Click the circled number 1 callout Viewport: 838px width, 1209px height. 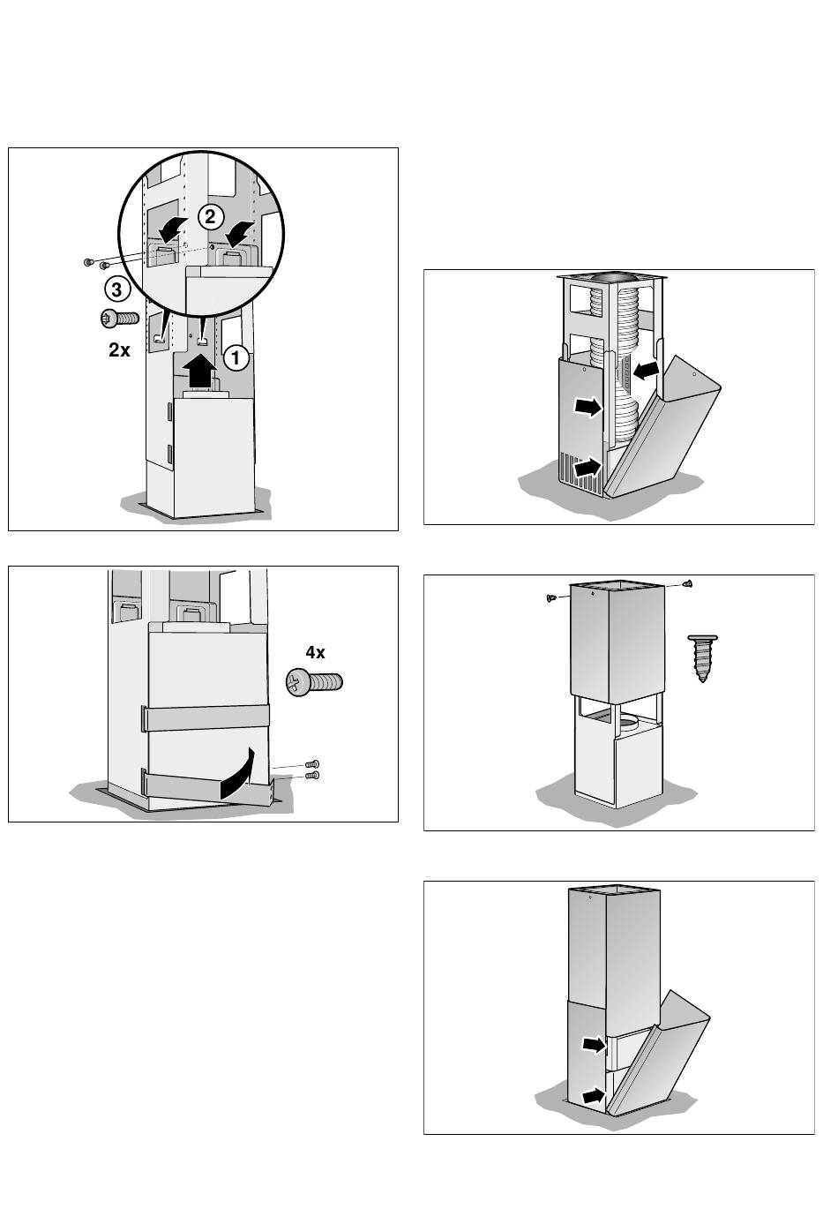click(236, 357)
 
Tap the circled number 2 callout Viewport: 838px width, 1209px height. click(211, 217)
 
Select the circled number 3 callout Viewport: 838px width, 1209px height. click(116, 289)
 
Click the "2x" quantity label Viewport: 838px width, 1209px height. click(119, 350)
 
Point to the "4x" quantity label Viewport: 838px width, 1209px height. click(315, 652)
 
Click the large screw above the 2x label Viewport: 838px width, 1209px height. click(119, 319)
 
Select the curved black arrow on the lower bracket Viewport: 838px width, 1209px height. click(237, 775)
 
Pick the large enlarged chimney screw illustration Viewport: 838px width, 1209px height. click(702, 658)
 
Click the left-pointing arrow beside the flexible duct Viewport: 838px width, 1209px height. click(647, 371)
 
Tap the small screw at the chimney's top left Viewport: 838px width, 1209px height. click(551, 597)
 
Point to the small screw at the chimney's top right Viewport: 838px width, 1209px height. click(687, 583)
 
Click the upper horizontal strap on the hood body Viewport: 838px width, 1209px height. click(205, 717)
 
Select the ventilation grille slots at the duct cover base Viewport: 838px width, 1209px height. click(580, 470)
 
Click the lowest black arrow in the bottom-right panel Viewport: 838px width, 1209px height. click(594, 1096)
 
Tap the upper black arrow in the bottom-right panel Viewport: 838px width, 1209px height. click(595, 1044)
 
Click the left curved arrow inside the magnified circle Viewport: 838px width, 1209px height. click(173, 230)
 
